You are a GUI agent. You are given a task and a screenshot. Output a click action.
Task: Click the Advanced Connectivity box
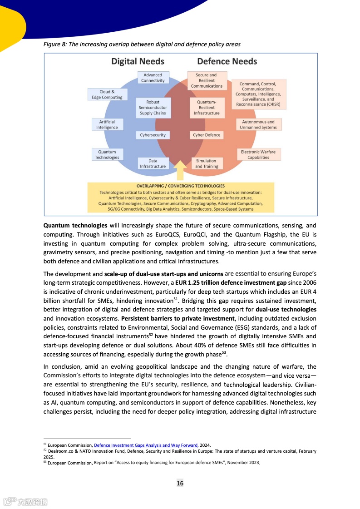pos(153,78)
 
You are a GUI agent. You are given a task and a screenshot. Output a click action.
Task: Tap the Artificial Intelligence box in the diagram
pos(107,124)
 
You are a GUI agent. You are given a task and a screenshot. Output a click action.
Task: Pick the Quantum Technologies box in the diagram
pos(107,154)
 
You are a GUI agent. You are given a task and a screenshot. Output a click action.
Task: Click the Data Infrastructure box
pos(153,163)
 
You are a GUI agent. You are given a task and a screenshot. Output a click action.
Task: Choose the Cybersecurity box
pos(153,135)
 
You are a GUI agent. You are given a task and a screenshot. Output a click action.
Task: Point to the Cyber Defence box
pos(207,135)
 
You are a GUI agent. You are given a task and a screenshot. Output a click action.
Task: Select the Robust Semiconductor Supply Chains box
pos(153,108)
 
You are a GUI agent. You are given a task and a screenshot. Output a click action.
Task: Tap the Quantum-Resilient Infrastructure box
pos(207,108)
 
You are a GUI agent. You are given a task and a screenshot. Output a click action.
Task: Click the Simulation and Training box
pos(207,163)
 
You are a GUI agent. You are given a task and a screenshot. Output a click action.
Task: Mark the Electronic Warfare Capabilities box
pos(258,154)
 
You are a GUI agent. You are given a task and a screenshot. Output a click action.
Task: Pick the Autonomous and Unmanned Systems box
pos(258,124)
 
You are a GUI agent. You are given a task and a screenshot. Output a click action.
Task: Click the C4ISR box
pos(258,94)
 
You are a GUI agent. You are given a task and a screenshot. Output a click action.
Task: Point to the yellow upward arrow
pos(180,173)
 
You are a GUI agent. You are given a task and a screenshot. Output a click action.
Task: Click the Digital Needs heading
pos(138,61)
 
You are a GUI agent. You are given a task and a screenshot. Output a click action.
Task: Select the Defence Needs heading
pos(227,61)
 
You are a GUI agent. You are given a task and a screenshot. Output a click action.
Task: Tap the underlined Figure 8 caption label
pos(54,44)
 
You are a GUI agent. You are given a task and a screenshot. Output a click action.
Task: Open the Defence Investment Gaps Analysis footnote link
pos(146,445)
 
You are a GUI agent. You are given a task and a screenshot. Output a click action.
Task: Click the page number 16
pos(180,483)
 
